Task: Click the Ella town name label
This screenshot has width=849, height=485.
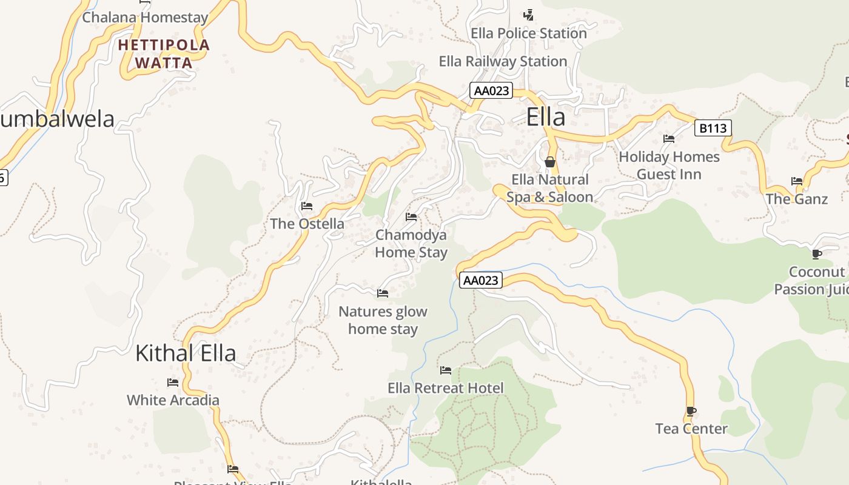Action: point(546,117)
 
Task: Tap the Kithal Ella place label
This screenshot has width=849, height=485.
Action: point(186,353)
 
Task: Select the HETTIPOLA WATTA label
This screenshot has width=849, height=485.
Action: point(164,53)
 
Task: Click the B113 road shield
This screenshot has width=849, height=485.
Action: point(713,128)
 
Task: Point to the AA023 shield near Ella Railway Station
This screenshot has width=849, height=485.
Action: point(491,91)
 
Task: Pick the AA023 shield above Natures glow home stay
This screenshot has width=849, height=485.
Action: point(481,280)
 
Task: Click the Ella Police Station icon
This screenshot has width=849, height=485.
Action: point(529,15)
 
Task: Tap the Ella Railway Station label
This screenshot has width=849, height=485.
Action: point(503,61)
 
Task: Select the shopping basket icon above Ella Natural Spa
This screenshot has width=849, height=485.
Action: point(550,162)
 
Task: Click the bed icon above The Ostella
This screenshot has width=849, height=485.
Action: point(307,206)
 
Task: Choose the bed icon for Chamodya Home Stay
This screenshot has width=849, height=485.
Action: point(411,217)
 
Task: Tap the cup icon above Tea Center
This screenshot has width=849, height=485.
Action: point(691,411)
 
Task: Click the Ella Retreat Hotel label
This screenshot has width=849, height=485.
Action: point(446,388)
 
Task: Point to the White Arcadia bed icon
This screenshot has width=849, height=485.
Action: point(173,383)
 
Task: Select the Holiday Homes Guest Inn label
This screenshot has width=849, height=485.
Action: point(669,166)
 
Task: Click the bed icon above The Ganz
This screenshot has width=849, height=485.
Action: point(797,181)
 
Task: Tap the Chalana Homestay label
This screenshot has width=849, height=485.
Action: point(145,18)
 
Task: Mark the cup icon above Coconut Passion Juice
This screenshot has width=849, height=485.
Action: point(817,254)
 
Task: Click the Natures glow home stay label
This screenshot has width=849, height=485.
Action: point(383,320)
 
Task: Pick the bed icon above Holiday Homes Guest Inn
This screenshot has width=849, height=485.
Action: point(669,139)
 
